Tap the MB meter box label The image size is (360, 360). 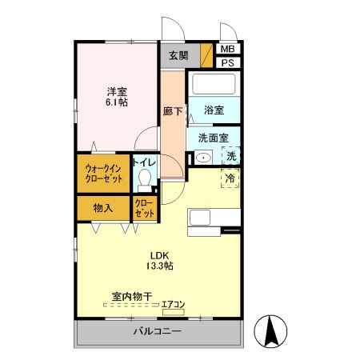[x=227, y=50]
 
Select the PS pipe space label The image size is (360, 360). [x=227, y=63]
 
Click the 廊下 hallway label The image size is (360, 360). [x=172, y=111]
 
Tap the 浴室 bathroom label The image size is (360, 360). [x=213, y=110]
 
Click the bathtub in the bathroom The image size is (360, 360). [x=213, y=84]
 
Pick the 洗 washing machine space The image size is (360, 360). [x=230, y=157]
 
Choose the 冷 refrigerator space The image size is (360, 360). [x=230, y=178]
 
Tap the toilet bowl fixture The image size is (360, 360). [x=145, y=179]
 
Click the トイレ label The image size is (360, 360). [x=145, y=162]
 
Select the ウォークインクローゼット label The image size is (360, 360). [x=104, y=174]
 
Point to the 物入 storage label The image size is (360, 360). [x=102, y=208]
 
